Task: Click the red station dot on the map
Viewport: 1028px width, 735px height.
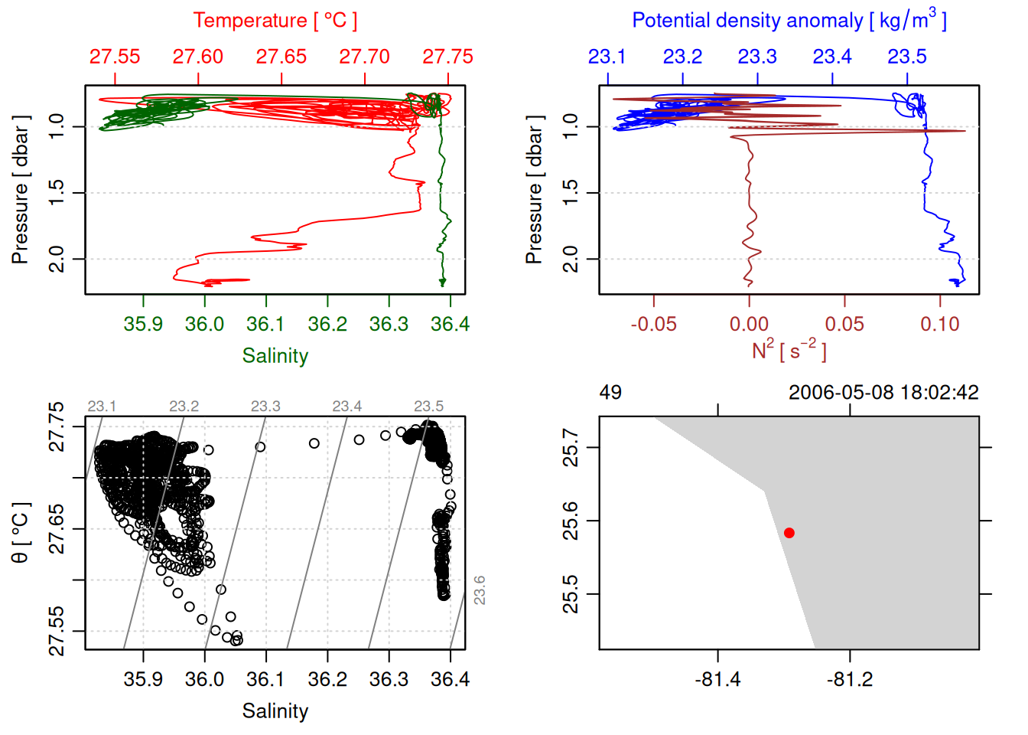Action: tap(789, 533)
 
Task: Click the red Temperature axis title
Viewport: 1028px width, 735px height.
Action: tap(275, 21)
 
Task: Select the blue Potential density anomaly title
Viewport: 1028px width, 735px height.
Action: tap(789, 20)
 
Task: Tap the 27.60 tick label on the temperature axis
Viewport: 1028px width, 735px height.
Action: tap(198, 57)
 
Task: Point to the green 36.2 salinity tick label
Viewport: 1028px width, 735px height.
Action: tap(327, 324)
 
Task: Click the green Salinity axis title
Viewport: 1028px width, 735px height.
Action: tap(275, 356)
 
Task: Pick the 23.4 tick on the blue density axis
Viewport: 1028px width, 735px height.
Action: tap(832, 57)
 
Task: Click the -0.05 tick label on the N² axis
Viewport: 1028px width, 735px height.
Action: tap(653, 324)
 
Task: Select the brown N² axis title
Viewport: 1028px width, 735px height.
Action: tap(789, 350)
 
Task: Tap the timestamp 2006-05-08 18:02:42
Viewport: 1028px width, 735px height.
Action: tap(883, 393)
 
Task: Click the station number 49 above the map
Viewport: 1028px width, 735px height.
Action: tap(610, 393)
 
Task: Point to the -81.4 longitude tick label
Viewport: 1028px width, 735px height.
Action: tap(717, 679)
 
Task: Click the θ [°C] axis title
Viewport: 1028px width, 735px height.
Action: tap(21, 533)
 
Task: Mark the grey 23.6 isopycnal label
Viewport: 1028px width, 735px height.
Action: tap(480, 590)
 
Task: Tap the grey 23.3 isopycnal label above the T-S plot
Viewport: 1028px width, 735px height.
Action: tap(265, 406)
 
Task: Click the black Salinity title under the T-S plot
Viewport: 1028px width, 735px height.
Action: tap(275, 711)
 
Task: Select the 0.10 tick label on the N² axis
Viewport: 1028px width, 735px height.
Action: tap(939, 324)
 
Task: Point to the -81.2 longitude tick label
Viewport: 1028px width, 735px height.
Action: tap(850, 679)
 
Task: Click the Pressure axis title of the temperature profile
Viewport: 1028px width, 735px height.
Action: tap(21, 190)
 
